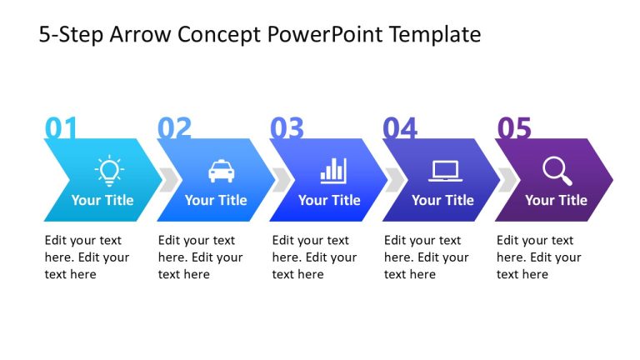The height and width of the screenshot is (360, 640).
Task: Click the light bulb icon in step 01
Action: pos(108,170)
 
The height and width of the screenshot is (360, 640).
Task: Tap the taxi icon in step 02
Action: pos(221,171)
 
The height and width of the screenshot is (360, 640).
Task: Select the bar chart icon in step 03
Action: pos(333,171)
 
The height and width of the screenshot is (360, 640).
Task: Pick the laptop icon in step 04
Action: pos(445,171)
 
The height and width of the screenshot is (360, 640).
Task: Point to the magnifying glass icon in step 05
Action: pos(557,171)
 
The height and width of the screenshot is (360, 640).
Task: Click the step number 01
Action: pos(61,128)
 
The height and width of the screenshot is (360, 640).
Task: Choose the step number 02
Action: pos(174,128)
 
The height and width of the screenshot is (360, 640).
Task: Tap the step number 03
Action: pos(287,128)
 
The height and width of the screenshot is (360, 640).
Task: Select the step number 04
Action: pos(400,128)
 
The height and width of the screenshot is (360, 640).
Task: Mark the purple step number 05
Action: pos(513,128)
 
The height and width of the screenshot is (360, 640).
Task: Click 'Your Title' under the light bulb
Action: pos(102,200)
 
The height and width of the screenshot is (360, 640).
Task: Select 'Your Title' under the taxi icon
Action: pos(216,200)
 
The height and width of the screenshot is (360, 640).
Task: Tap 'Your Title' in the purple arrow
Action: pos(556,200)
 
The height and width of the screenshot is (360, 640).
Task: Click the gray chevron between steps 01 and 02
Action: pos(167,180)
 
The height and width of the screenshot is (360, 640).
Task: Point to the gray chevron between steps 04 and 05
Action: pos(506,180)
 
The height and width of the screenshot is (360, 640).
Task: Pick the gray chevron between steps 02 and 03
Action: pos(281,180)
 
